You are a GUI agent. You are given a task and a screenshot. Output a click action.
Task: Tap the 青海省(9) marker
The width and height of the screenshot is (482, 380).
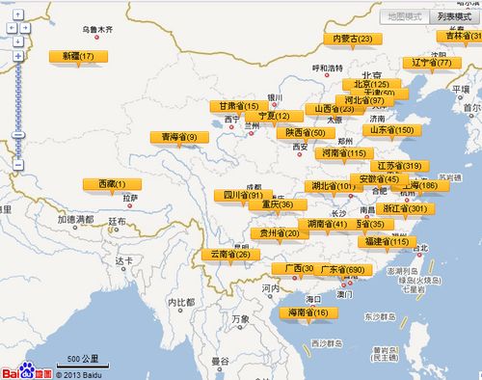pos(179,137)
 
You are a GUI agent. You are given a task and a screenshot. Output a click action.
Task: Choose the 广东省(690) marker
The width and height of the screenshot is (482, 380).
pos(342,268)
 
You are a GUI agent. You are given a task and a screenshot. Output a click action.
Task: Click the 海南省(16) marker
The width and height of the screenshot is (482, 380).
pos(308,312)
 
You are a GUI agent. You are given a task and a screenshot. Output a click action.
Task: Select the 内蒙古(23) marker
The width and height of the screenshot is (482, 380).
pos(352,39)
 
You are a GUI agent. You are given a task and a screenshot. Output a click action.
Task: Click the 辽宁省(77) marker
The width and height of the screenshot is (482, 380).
pos(431,63)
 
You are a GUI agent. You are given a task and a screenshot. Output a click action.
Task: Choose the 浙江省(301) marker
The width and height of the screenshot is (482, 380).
pos(404,208)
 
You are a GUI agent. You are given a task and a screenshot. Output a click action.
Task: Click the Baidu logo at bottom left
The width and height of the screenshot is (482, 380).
pos(26,370)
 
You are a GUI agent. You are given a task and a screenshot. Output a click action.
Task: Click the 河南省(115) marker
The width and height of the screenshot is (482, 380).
pos(343,152)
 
